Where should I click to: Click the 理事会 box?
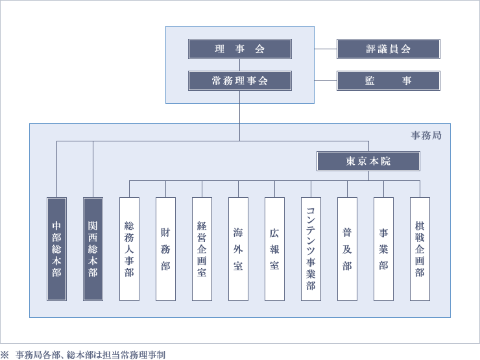[x=239, y=49]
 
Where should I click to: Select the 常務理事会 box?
[x=239, y=81]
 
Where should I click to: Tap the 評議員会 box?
[x=388, y=49]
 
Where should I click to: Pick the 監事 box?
[x=388, y=81]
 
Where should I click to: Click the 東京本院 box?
[x=368, y=162]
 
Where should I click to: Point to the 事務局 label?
[x=426, y=136]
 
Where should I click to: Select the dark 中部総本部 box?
[x=56, y=249]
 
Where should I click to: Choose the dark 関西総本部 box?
[x=93, y=249]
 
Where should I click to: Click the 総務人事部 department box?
[x=129, y=249]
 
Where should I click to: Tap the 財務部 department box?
[x=165, y=249]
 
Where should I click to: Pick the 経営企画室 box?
[x=202, y=249]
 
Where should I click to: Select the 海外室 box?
[x=238, y=249]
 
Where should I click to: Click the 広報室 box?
[x=274, y=249]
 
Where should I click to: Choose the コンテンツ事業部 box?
[x=311, y=249]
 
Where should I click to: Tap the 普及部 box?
[x=347, y=249]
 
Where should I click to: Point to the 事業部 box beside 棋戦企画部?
[x=383, y=249]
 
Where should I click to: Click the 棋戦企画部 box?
[x=420, y=249]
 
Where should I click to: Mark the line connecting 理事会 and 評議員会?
[x=326, y=49]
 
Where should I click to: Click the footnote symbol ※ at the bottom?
[x=5, y=355]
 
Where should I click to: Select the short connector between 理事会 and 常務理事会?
[x=239, y=65]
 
